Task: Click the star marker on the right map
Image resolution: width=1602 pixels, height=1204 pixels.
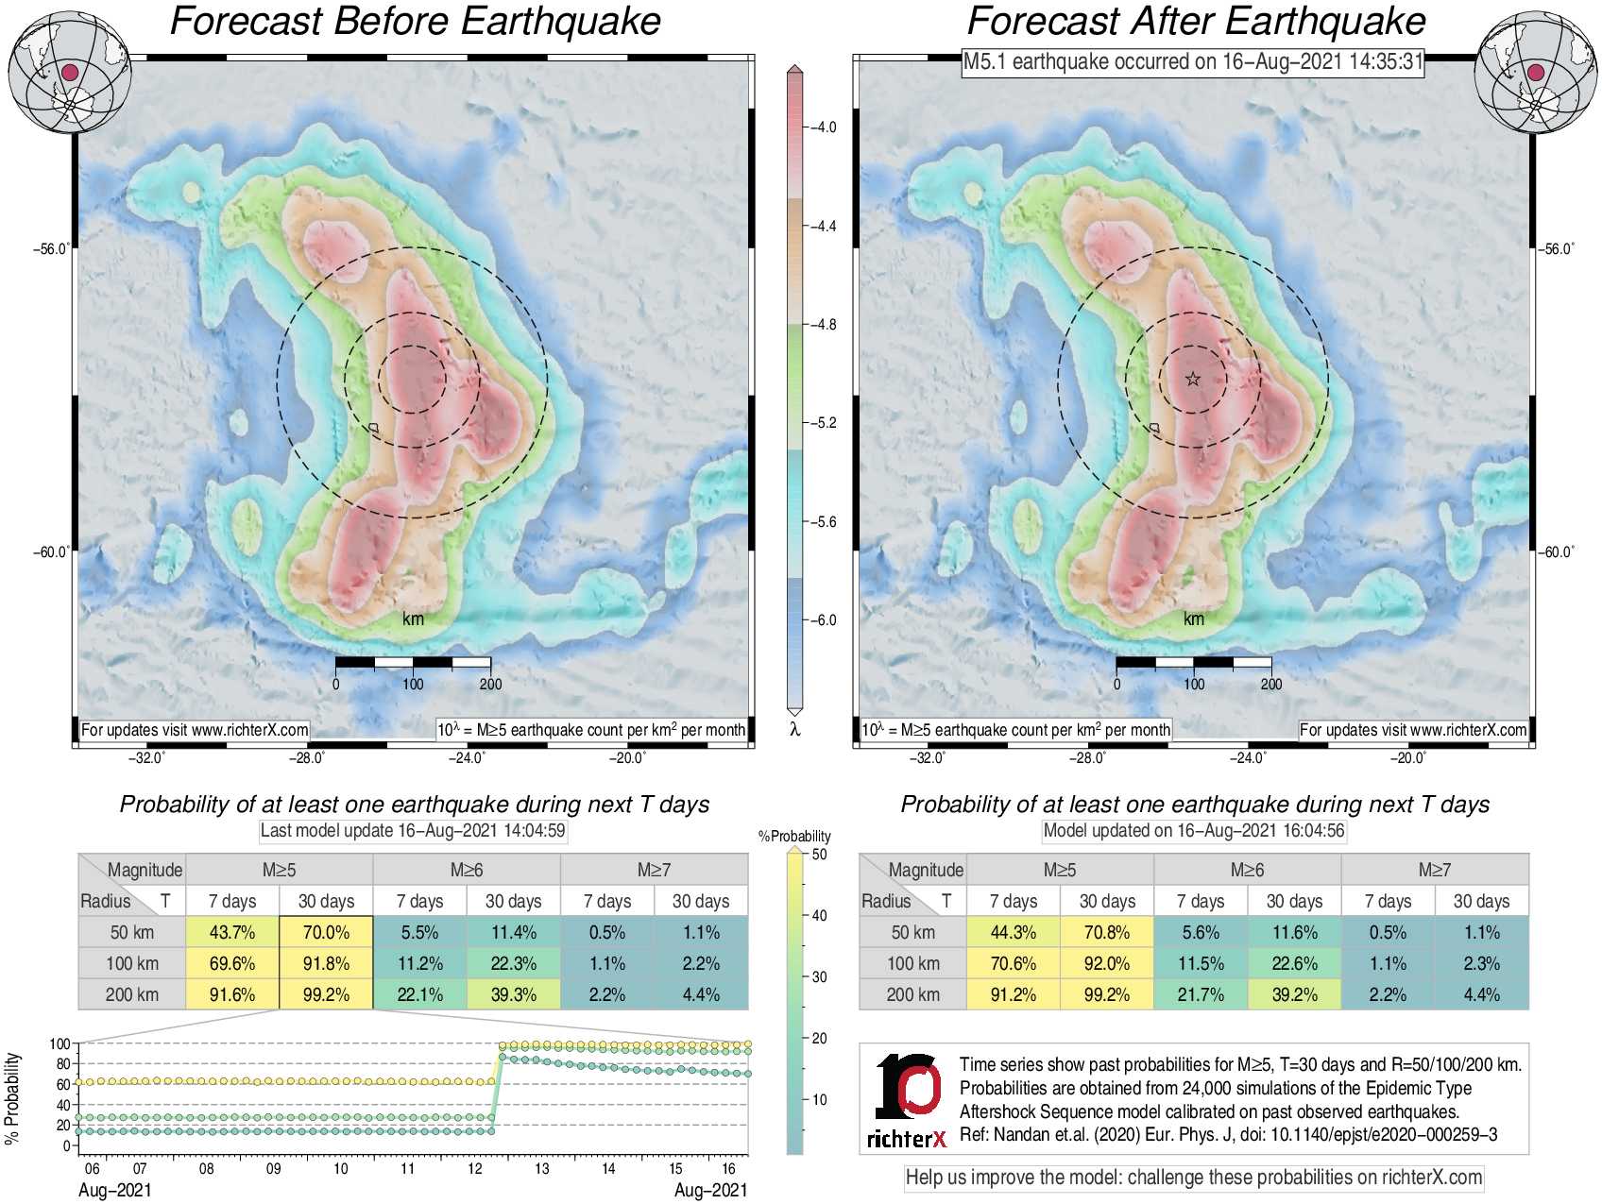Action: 1193,380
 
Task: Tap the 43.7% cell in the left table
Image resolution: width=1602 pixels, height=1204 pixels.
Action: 232,932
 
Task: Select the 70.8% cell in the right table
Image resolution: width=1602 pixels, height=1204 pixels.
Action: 1107,932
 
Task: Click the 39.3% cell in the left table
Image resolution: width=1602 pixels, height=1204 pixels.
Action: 513,994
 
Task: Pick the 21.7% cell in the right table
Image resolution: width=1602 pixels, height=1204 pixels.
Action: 1201,994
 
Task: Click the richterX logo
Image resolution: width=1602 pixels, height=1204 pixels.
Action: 907,1100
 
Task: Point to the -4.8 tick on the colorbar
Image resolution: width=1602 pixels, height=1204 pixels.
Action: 825,325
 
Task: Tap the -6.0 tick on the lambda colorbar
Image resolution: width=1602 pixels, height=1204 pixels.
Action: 825,620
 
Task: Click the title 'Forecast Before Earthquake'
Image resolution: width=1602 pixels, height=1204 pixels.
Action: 415,22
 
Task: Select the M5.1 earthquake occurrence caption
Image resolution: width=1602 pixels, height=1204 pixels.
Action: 1192,62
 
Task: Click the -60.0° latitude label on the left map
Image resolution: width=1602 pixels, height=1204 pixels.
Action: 51,552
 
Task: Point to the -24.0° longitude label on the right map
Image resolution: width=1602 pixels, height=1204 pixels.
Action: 1247,758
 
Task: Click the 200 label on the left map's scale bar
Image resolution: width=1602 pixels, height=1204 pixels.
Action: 490,685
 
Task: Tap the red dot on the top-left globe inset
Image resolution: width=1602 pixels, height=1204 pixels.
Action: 69,73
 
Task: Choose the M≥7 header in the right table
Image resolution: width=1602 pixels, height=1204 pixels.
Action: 1434,870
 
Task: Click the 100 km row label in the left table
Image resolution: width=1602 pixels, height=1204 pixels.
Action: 132,963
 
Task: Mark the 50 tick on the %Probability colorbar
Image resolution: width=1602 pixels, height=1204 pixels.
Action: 819,855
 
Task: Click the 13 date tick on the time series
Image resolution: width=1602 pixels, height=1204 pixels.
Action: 542,1169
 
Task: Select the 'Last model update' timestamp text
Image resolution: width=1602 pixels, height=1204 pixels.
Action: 413,831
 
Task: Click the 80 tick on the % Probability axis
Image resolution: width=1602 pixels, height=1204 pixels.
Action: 63,1064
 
